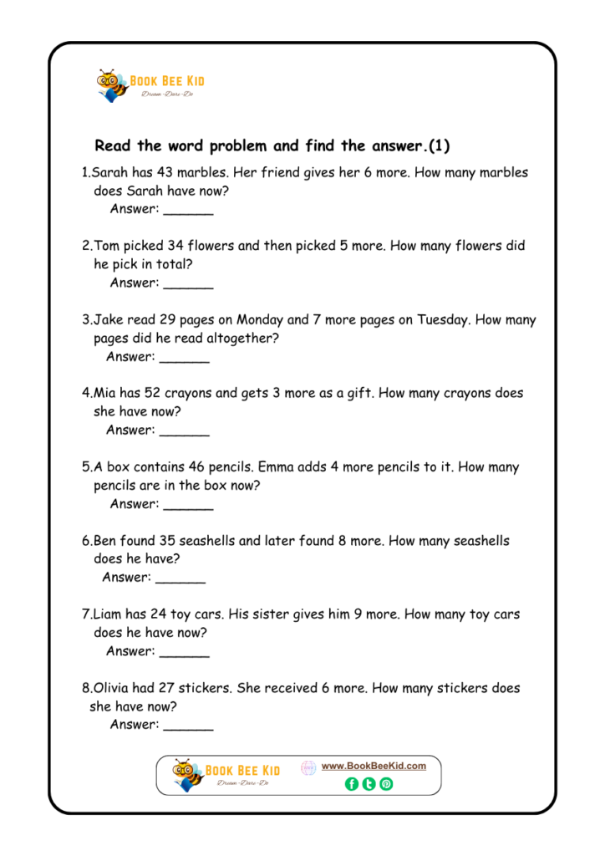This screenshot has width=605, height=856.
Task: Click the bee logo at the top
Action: (112, 85)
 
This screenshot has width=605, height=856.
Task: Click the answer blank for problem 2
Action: (188, 284)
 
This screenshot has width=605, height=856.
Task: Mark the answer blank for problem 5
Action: (188, 506)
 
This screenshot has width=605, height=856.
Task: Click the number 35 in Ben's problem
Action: (168, 541)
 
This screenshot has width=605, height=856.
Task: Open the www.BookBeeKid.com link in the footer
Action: (374, 766)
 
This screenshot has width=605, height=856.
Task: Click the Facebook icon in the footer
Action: (352, 784)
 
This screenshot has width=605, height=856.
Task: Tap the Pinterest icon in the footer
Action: (386, 784)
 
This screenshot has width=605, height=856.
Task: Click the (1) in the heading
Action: (439, 146)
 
